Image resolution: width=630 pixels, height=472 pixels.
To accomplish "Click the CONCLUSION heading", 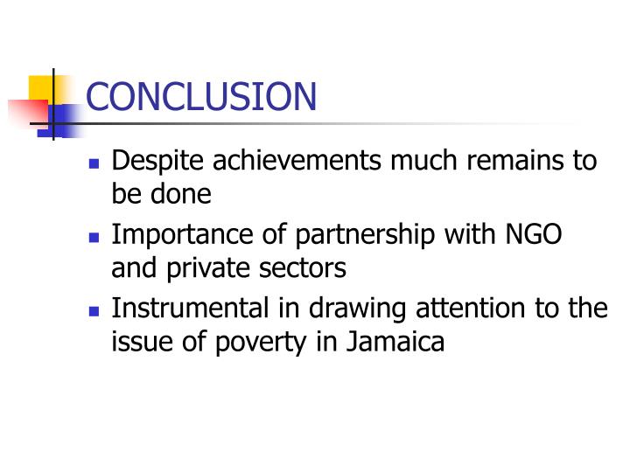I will [201, 96].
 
